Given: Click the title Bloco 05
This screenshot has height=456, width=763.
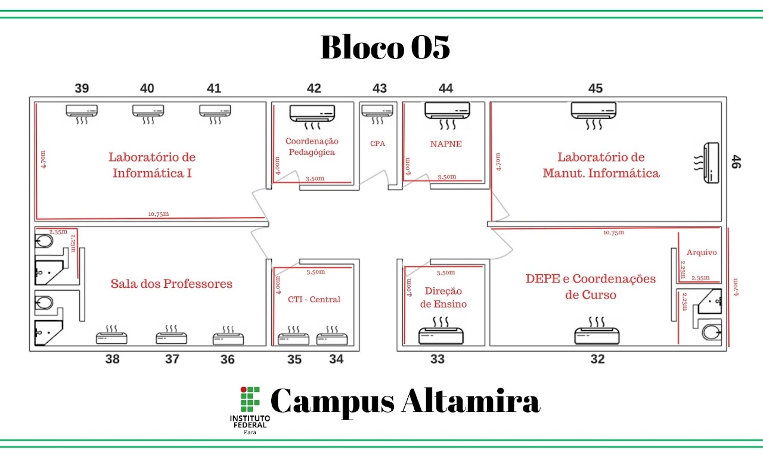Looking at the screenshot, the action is click(x=385, y=47).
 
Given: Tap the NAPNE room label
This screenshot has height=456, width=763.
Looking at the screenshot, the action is click(x=446, y=144).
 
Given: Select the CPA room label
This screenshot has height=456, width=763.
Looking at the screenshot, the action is click(x=378, y=144).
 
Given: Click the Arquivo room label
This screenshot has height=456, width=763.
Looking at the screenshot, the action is click(x=702, y=252).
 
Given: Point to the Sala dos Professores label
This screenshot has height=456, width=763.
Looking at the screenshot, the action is click(x=171, y=284).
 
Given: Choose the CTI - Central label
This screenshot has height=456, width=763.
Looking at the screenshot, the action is click(x=314, y=299).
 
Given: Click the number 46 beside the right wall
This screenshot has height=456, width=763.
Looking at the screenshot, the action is click(x=736, y=162).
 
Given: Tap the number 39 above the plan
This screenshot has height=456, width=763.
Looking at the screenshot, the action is click(x=82, y=89).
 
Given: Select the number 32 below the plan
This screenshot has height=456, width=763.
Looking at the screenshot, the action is click(x=598, y=359).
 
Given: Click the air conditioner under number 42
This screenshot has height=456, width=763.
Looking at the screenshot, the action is click(x=312, y=117).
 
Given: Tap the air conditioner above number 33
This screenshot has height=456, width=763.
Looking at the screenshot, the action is click(x=441, y=331).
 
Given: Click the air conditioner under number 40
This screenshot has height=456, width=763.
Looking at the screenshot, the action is click(x=148, y=114).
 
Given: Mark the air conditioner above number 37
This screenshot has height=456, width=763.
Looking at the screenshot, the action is click(x=171, y=334).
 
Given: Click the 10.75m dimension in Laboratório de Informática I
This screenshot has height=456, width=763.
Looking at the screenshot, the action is click(x=159, y=214).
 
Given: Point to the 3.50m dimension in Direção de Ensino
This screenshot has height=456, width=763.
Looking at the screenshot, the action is click(x=446, y=272).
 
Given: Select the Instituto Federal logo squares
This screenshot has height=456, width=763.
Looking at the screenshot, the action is click(x=250, y=399).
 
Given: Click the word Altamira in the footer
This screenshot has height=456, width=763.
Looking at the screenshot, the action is click(x=471, y=401).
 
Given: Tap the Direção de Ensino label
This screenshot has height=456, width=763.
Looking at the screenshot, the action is click(x=443, y=297).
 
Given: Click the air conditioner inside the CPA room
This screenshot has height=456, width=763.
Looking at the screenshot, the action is click(x=377, y=114).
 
